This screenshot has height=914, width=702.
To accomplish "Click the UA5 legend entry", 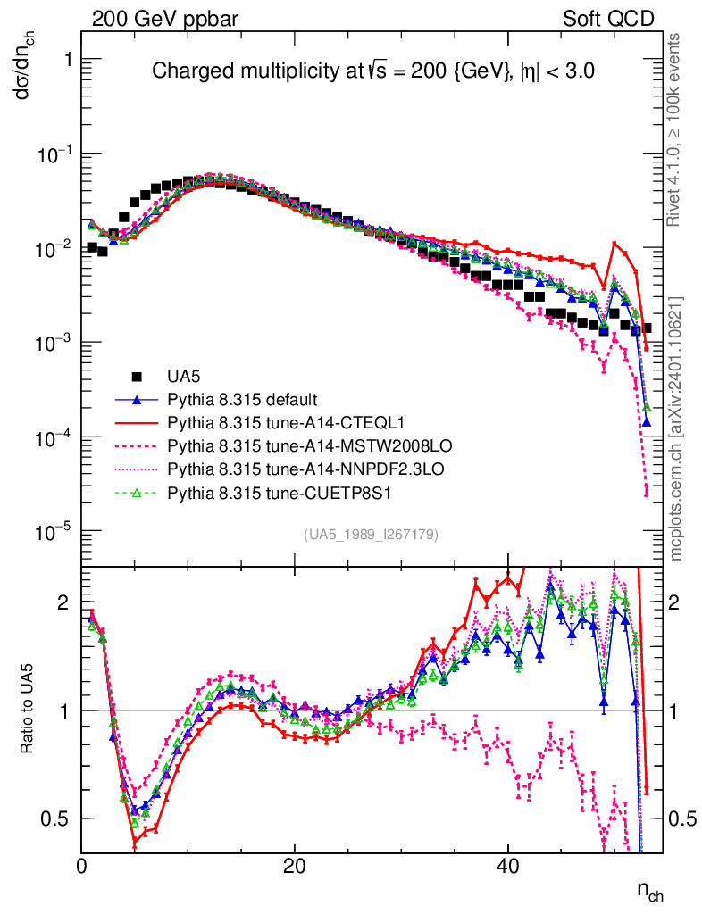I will pos(171,376).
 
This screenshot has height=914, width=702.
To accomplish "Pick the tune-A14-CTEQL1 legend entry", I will pos(268,422).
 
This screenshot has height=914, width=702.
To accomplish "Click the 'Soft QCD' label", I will pos(607,18).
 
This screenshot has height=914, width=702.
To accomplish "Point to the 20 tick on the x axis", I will pos(295,866).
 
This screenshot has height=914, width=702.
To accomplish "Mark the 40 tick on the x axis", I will pos(507,866).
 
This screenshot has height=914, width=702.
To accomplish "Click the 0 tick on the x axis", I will pos(82,866).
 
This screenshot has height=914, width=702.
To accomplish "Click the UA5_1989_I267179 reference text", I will pos(371,535).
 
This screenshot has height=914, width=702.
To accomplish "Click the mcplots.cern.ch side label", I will pos(676,428).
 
